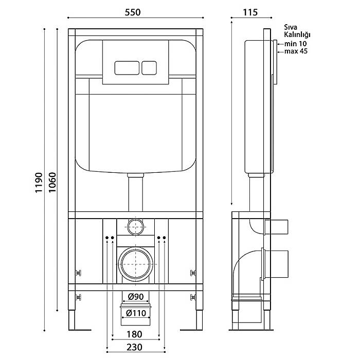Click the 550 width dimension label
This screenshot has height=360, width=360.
(x=133, y=12)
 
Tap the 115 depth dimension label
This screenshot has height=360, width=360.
(x=250, y=12)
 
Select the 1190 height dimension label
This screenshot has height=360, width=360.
(x=39, y=183)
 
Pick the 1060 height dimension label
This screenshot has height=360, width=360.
(x=52, y=183)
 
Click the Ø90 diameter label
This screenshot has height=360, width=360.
(x=136, y=297)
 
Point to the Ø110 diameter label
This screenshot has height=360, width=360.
(x=136, y=313)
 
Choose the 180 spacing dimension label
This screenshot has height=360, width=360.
(x=134, y=334)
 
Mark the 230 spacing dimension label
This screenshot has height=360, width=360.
(x=134, y=347)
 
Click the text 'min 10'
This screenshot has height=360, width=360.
(x=296, y=44)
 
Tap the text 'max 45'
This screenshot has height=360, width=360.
(x=296, y=51)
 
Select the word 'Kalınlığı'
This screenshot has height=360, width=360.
(x=297, y=34)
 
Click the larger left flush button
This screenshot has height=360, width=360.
(x=127, y=68)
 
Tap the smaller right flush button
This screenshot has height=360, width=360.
(x=149, y=68)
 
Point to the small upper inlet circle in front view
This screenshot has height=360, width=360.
(x=136, y=227)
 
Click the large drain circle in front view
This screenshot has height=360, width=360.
(x=136, y=264)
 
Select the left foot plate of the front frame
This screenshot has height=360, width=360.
(x=80, y=330)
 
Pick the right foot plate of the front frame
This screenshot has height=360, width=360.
(x=191, y=330)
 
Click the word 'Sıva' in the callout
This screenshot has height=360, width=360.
(x=291, y=27)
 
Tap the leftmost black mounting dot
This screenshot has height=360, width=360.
(x=107, y=238)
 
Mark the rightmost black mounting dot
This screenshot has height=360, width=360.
(x=164, y=238)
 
